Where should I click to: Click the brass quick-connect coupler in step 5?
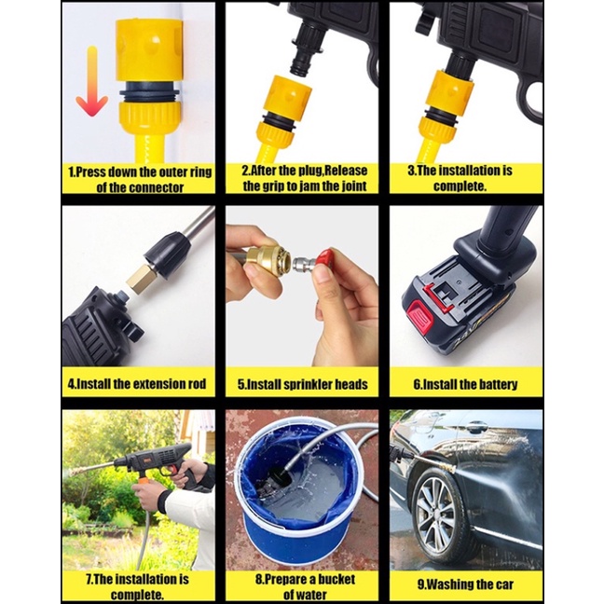267,261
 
